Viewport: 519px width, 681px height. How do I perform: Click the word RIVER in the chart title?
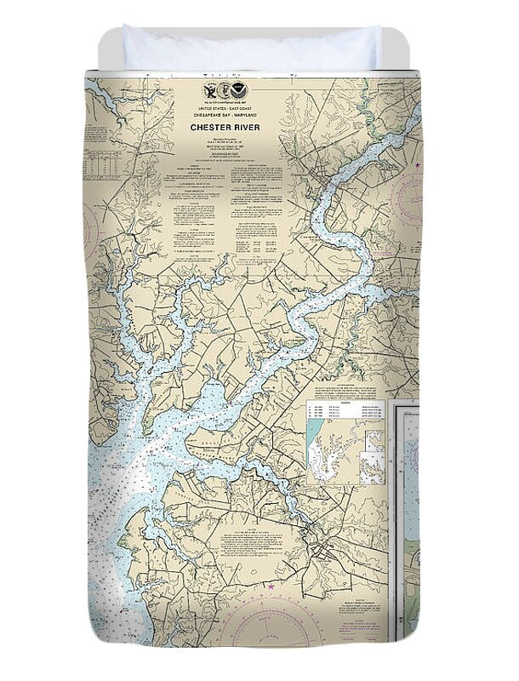pos(247,128)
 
